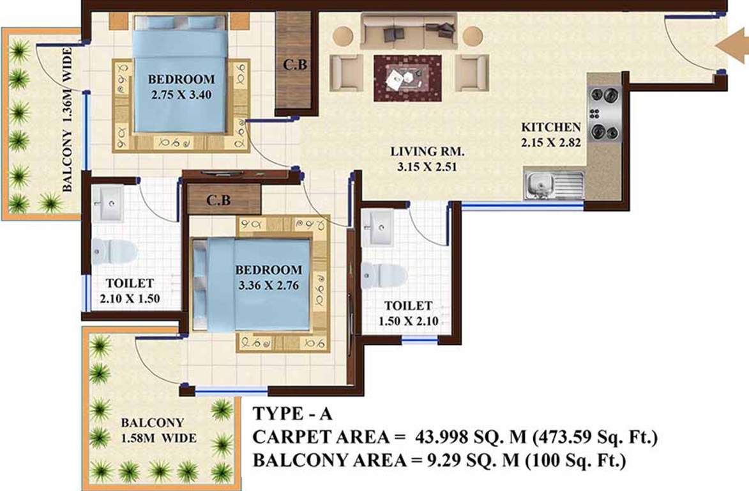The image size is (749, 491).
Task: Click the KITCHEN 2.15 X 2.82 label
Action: [551, 135]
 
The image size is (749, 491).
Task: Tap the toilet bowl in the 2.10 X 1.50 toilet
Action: [114, 251]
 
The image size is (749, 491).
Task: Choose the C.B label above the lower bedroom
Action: [218, 201]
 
